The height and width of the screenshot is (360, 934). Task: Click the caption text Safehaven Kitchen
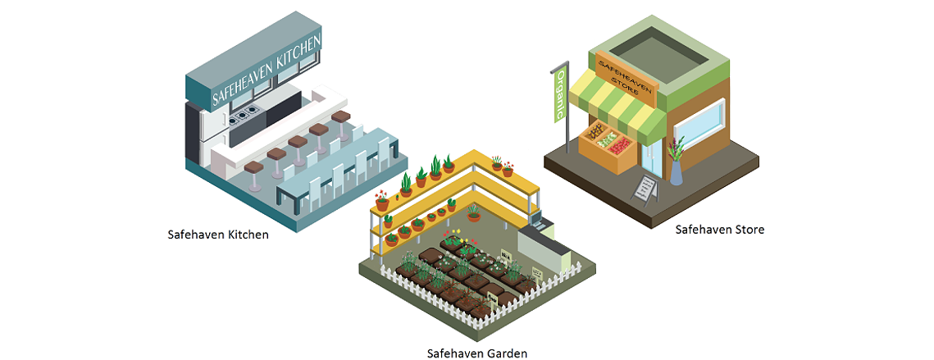(x=217, y=235)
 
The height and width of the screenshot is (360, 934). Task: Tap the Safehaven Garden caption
(x=477, y=353)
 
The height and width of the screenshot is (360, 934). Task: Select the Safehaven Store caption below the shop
(x=719, y=229)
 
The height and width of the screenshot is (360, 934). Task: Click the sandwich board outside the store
(x=645, y=189)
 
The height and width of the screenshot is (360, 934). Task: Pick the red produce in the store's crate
(x=619, y=145)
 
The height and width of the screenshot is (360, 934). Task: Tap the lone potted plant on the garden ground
(x=473, y=212)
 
